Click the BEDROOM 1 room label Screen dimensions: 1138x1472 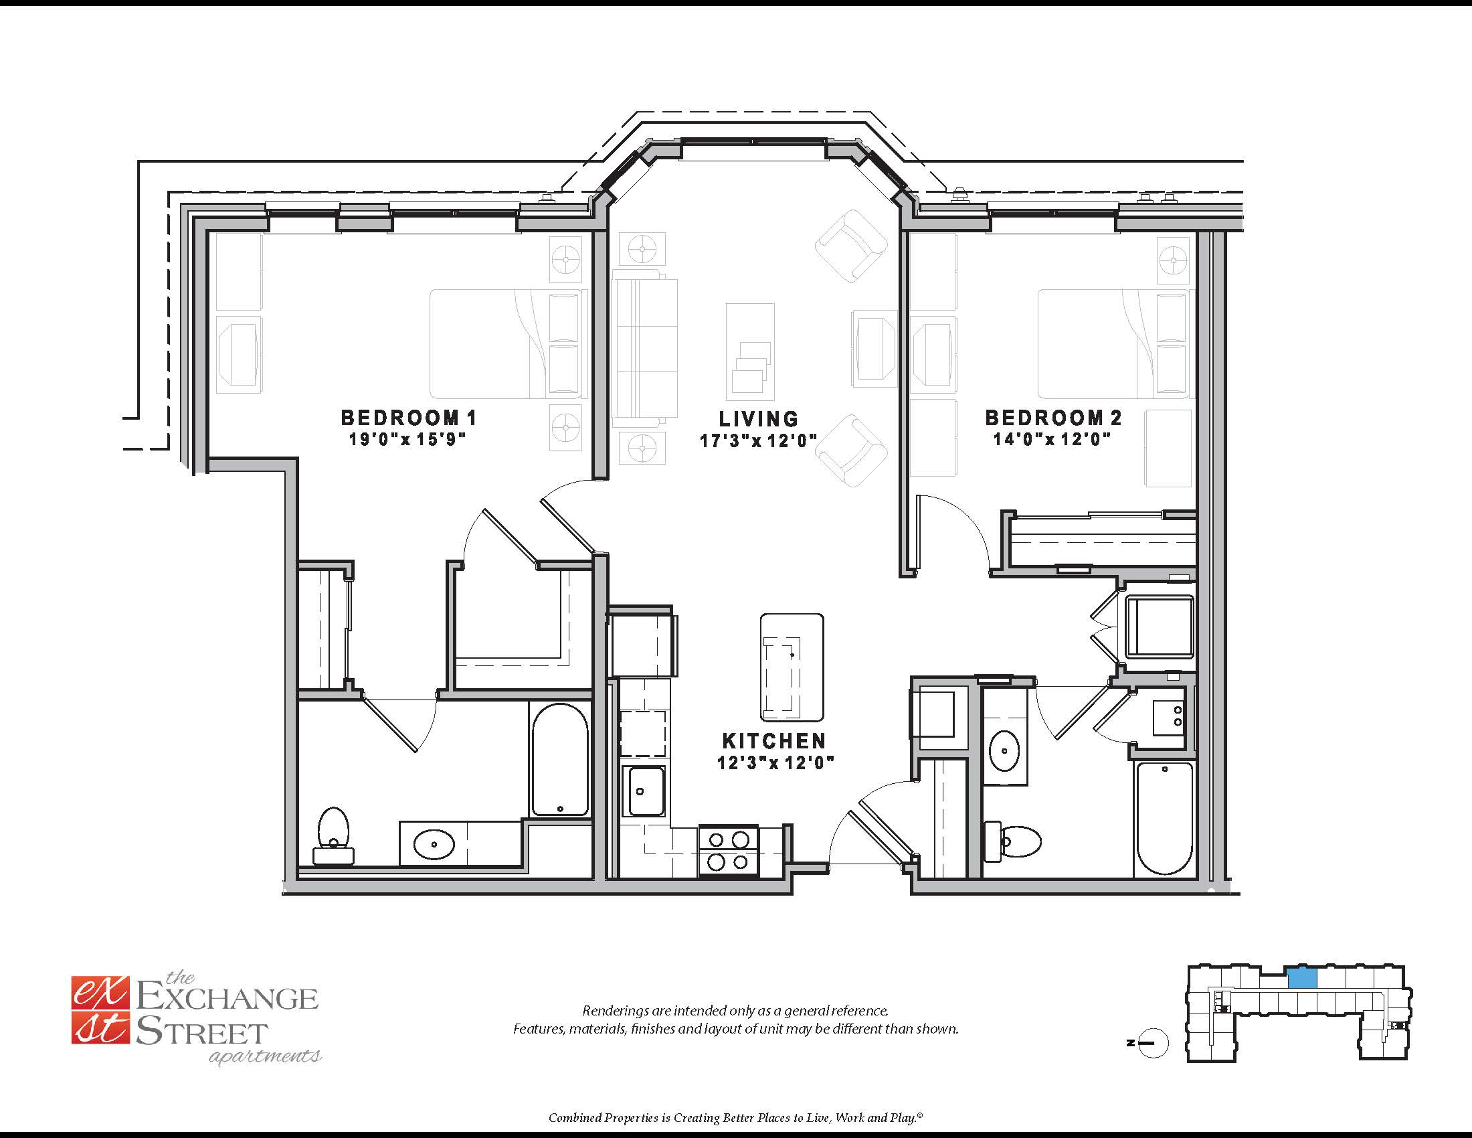pos(408,418)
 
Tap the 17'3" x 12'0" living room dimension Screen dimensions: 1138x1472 pos(758,441)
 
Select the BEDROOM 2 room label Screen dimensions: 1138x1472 pos(1053,418)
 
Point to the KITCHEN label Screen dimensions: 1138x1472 pos(773,741)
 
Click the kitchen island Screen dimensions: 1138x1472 pos(792,667)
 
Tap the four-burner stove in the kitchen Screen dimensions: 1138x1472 pos(729,850)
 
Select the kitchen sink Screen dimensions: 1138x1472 pos(642,791)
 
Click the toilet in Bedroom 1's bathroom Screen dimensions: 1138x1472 pos(333,835)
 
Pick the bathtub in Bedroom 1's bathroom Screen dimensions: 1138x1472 pos(559,760)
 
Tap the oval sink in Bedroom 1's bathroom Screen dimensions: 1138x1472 pos(434,843)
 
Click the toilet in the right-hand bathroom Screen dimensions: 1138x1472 pos(1013,841)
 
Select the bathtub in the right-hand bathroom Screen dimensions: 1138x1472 pos(1165,819)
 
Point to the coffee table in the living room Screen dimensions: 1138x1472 pos(749,351)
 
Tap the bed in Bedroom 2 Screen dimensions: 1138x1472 pos(1112,344)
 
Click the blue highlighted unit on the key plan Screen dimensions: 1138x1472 pos(1302,978)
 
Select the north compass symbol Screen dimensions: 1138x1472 pos(1152,1043)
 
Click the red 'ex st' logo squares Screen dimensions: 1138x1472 pos(99,1011)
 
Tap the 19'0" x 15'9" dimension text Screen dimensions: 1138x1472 pos(407,440)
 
